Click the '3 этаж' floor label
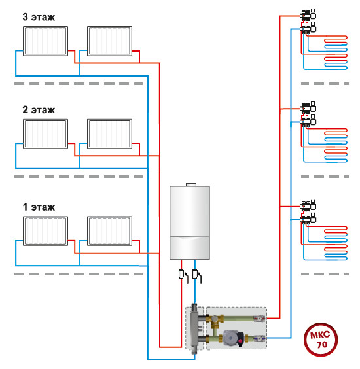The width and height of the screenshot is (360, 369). point(39,17)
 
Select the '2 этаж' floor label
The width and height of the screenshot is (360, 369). point(39,110)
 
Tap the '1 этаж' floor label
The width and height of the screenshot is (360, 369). point(39,207)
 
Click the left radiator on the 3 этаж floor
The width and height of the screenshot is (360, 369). point(45,41)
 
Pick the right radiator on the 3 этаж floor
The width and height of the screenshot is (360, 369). point(109,41)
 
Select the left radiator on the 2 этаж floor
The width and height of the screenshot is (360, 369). point(45,133)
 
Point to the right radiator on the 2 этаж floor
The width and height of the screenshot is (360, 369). point(109,133)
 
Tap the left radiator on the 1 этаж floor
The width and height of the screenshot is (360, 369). point(45,231)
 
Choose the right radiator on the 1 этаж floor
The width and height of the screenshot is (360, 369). point(109,231)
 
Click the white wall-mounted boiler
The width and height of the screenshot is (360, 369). point(190,222)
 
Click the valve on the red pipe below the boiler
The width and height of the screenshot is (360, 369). point(183,275)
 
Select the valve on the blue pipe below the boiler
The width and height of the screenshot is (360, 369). point(196,275)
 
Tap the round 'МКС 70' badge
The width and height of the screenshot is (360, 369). point(321,340)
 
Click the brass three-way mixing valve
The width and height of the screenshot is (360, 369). point(215,321)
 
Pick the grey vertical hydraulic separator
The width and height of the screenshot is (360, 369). point(194,328)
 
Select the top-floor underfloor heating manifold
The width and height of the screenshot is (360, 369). point(308,22)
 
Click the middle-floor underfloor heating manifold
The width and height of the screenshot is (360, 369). point(308,114)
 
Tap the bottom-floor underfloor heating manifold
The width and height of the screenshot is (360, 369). point(308,213)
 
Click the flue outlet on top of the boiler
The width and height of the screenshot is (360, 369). point(191,184)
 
